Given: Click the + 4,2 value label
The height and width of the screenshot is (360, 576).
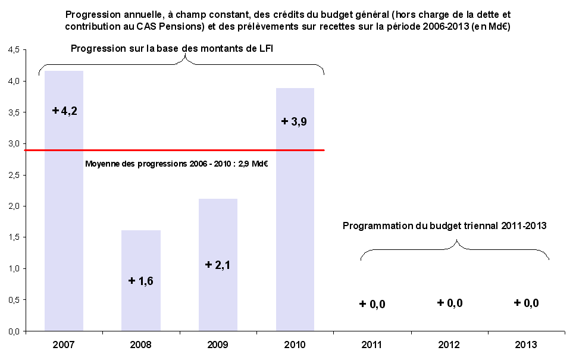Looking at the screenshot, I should [x=65, y=111].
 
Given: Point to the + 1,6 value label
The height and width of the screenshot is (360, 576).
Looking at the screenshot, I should [x=141, y=281].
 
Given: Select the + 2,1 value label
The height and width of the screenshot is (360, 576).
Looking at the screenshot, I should [x=218, y=265].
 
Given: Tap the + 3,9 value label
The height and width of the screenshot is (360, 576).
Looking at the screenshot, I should [x=295, y=121].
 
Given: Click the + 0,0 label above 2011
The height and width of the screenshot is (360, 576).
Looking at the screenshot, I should [x=372, y=305].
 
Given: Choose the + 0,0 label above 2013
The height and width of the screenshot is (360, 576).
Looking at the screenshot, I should [x=527, y=303].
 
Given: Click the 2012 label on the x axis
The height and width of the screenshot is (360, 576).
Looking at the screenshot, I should [x=449, y=345].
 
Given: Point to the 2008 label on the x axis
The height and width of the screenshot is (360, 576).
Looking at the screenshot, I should [x=140, y=345].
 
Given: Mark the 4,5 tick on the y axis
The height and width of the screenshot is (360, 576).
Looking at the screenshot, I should [x=14, y=50].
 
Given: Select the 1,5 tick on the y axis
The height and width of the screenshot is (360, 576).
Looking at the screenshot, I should [x=14, y=237].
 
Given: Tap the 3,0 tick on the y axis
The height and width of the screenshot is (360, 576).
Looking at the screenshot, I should [x=14, y=144].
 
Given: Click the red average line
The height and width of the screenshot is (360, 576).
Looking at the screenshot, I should [x=179, y=150].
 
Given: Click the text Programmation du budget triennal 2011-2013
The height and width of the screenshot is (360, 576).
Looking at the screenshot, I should [x=444, y=226].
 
